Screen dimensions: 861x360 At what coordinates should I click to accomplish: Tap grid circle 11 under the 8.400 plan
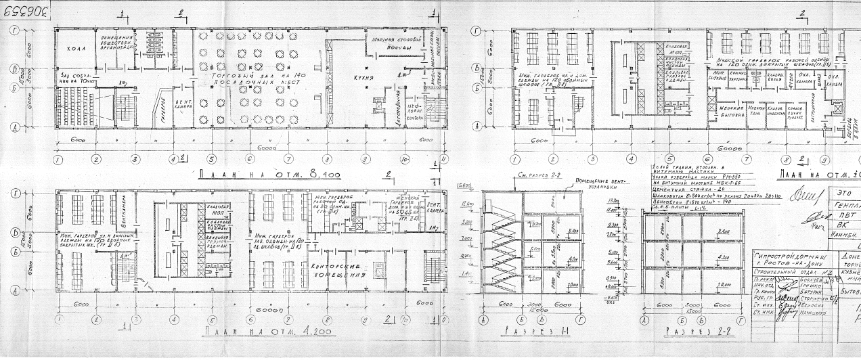444,160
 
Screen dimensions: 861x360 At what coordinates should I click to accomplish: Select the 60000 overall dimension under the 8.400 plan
259,147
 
